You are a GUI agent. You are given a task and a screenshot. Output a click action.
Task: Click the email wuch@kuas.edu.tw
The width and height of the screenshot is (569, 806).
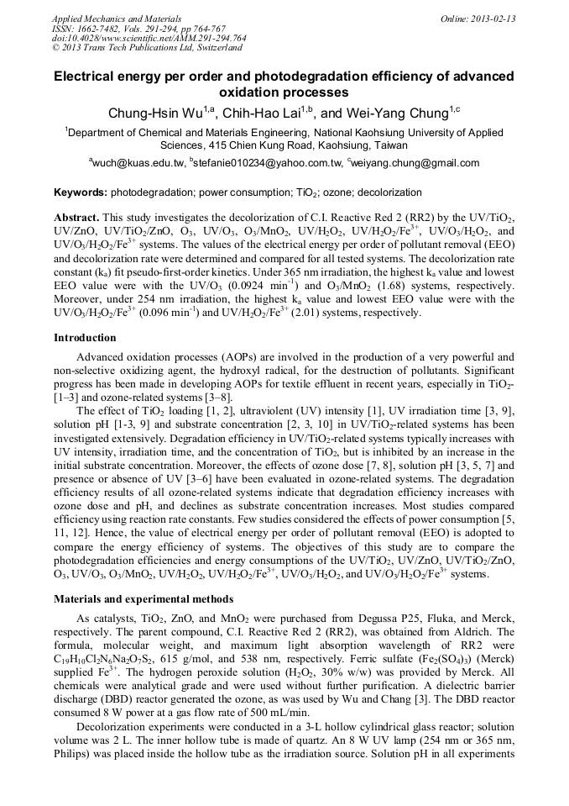pos(137,163)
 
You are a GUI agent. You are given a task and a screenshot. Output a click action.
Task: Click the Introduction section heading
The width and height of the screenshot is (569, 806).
pos(85,338)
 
